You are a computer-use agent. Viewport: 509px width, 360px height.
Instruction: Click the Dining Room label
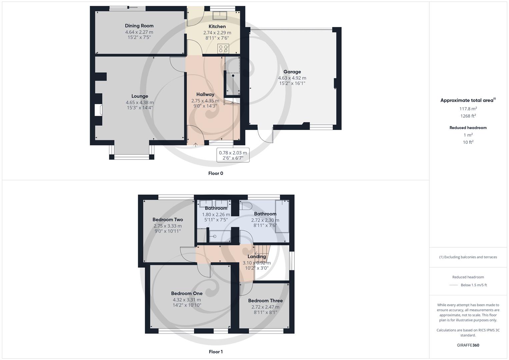(x=139, y=26)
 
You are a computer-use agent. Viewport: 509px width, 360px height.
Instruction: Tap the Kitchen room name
(x=217, y=26)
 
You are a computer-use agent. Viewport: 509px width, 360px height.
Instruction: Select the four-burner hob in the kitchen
(x=223, y=49)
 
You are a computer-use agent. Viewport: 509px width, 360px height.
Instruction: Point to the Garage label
(x=292, y=72)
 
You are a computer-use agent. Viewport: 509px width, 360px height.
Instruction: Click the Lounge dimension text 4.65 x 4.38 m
(x=140, y=103)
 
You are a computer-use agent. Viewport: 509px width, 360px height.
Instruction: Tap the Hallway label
(x=205, y=94)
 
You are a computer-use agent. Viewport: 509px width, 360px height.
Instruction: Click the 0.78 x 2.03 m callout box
(x=233, y=155)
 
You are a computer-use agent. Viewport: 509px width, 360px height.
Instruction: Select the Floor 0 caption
(x=215, y=173)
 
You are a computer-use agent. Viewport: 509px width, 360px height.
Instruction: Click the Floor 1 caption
(x=215, y=352)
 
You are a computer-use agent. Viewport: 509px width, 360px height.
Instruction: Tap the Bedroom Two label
(x=168, y=219)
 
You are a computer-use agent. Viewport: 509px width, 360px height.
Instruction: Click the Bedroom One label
(x=187, y=293)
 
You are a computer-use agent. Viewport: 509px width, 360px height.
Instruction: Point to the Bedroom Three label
(x=265, y=300)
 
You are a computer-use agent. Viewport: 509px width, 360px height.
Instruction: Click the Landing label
(x=256, y=256)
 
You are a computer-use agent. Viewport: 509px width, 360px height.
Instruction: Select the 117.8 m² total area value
(x=468, y=109)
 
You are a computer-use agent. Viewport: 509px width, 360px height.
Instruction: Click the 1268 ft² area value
(x=468, y=116)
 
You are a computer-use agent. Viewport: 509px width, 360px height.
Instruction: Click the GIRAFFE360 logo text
(x=468, y=345)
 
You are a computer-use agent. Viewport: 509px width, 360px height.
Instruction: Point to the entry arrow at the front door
(x=195, y=144)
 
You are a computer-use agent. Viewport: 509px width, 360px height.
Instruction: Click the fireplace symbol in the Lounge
(x=98, y=110)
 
